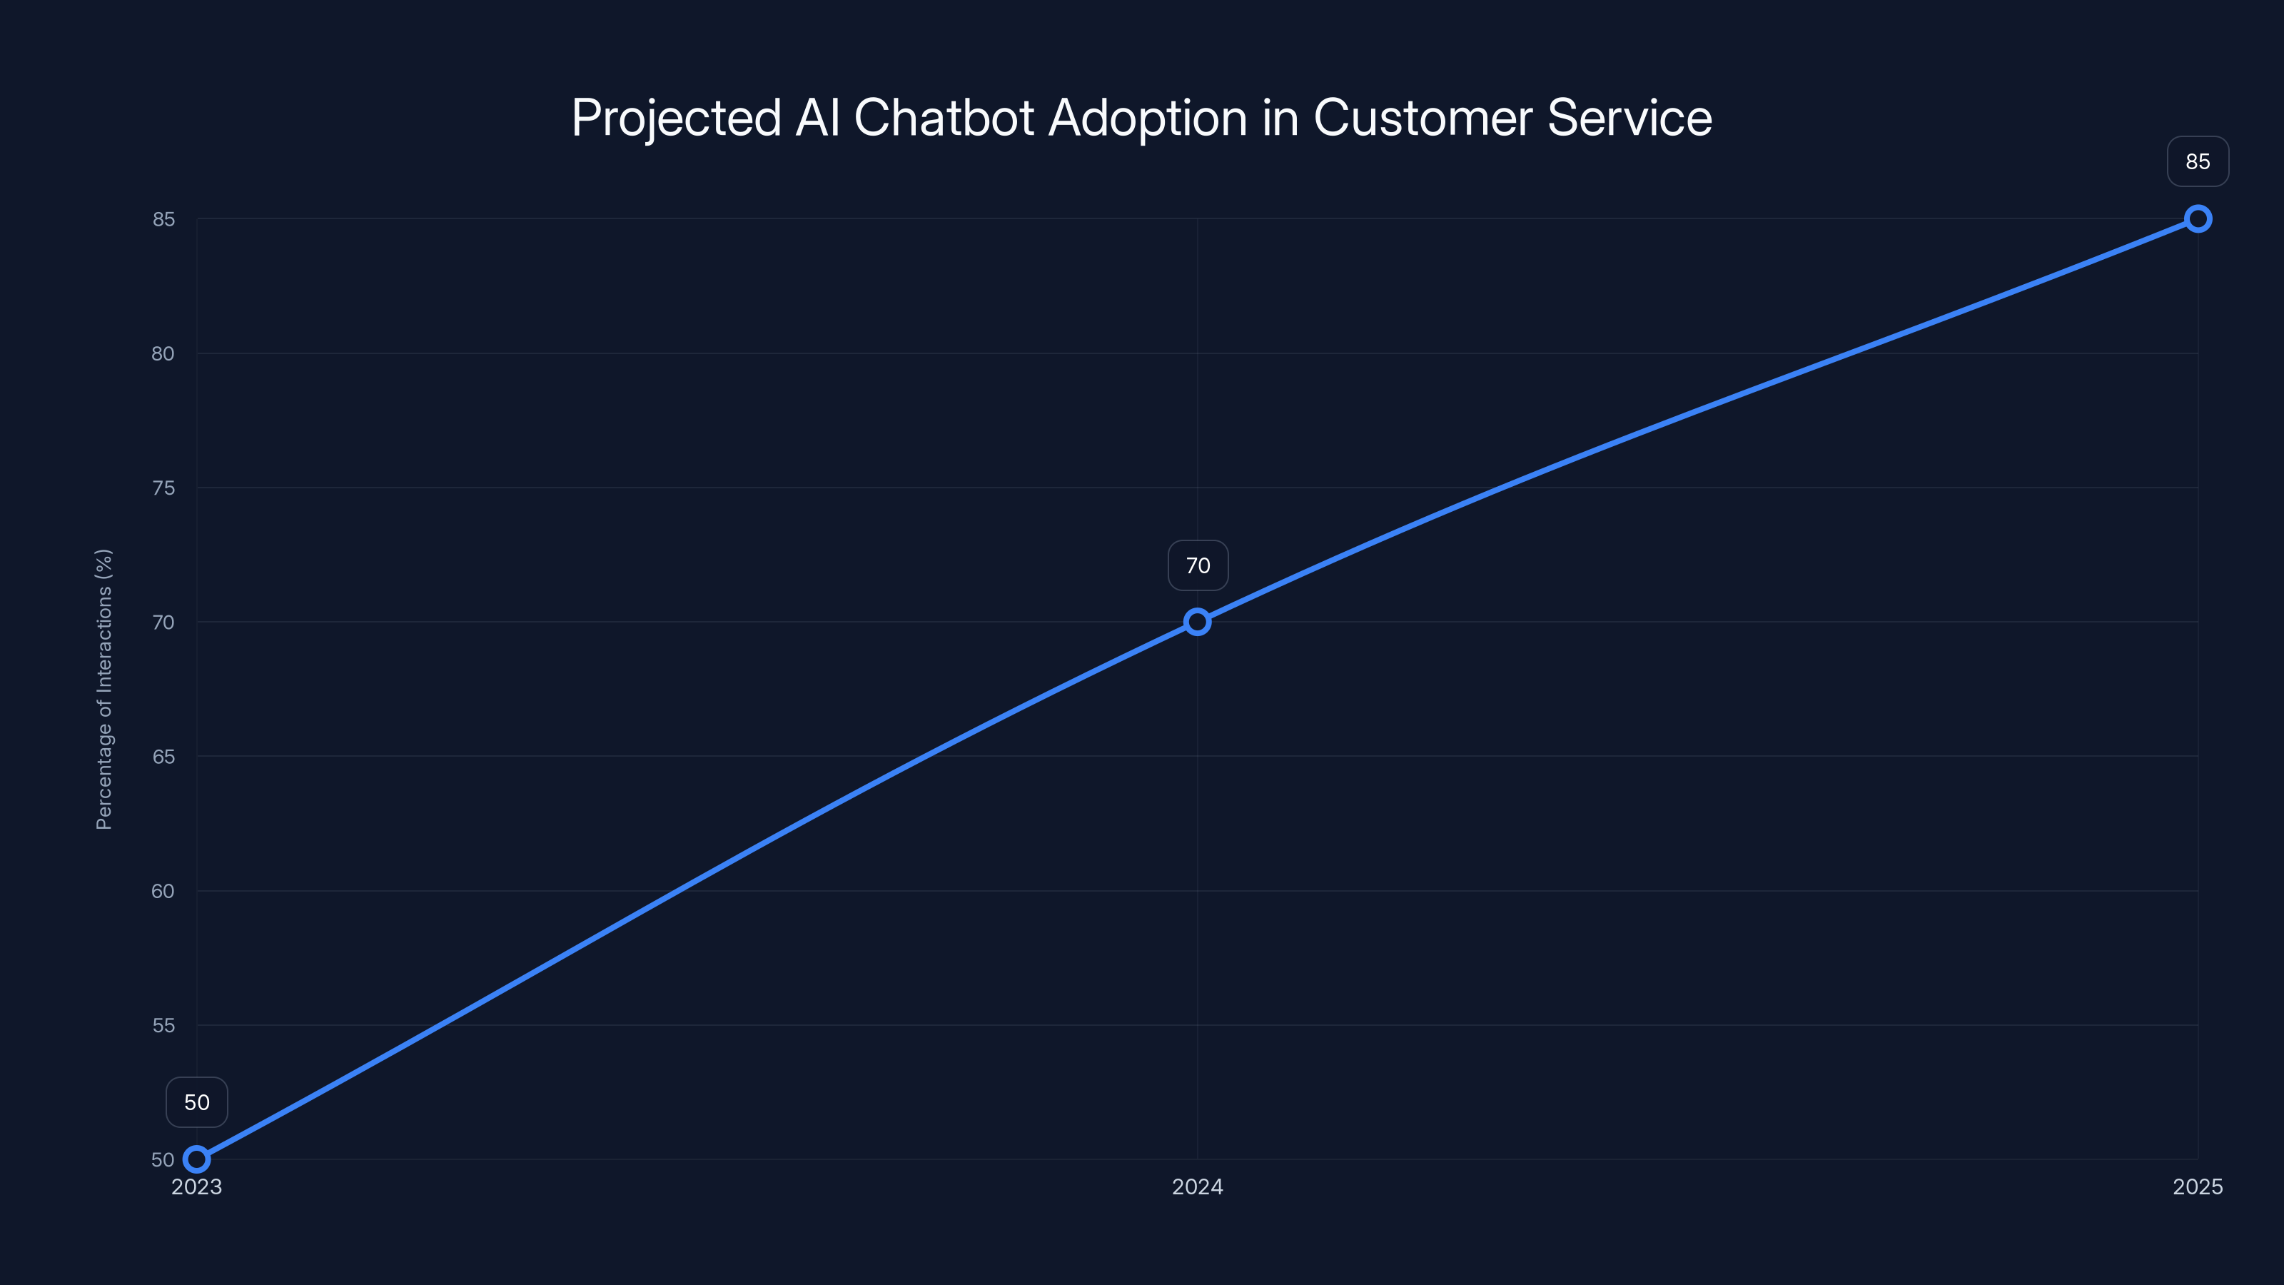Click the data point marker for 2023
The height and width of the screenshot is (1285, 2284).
(x=197, y=1159)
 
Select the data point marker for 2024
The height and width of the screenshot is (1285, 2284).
(x=1197, y=622)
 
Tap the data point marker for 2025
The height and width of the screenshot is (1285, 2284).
(x=2197, y=219)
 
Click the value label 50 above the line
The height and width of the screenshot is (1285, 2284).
(x=197, y=1102)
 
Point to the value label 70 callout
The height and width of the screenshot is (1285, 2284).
(x=1198, y=566)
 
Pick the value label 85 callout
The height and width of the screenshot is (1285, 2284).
(x=2197, y=161)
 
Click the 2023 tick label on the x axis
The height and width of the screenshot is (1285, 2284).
(x=197, y=1186)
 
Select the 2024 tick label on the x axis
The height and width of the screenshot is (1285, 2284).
(x=1197, y=1186)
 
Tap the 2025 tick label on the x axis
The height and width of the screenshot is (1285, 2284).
(x=2197, y=1186)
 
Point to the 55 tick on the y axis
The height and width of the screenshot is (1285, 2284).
(x=163, y=1025)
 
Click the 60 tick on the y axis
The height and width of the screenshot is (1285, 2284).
(x=163, y=890)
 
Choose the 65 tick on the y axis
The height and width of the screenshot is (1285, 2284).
(x=163, y=757)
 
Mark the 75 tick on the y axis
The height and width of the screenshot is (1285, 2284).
(x=163, y=488)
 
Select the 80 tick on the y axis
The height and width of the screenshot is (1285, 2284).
(x=163, y=353)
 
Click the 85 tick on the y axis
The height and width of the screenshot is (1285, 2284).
(x=163, y=219)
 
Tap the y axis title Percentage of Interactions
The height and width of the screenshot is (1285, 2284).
(x=103, y=689)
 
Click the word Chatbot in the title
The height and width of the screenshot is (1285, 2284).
(x=944, y=117)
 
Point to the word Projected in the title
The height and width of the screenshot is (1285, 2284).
(x=676, y=119)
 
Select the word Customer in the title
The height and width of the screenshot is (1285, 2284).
(x=1423, y=117)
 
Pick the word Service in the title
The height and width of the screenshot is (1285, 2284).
(x=1629, y=117)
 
